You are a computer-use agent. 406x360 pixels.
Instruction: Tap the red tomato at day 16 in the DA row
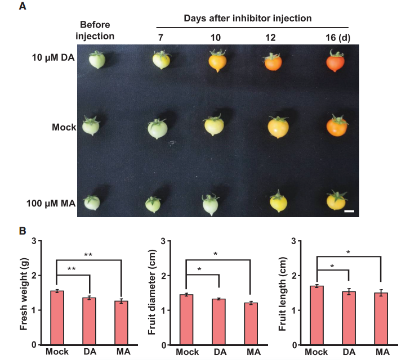(336, 62)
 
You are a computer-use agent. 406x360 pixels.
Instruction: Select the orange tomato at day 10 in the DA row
(217, 60)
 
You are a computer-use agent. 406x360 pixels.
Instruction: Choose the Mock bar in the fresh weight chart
(57, 318)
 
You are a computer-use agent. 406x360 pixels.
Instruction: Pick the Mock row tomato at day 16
(337, 126)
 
